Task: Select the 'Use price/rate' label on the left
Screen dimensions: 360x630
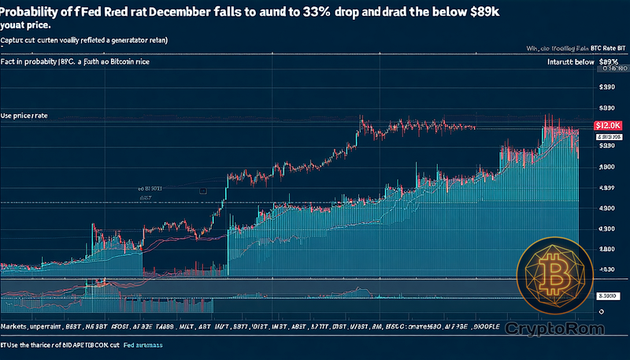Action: (x=24, y=116)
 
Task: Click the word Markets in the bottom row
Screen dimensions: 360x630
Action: (x=18, y=326)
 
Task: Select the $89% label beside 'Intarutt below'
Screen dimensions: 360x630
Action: (x=608, y=61)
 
